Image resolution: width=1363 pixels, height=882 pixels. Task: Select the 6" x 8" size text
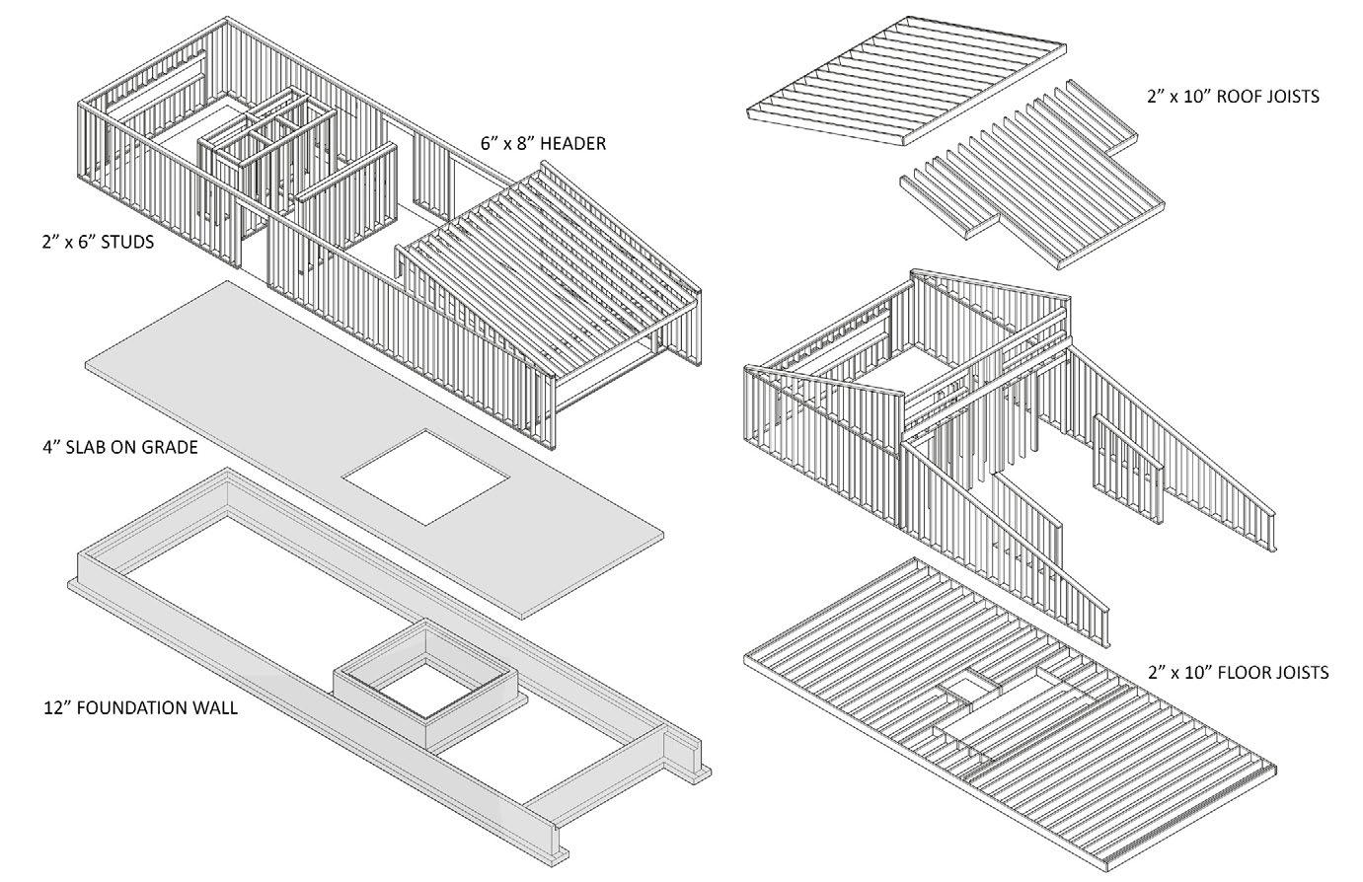(x=505, y=144)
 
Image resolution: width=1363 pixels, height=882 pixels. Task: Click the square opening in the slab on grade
(x=426, y=477)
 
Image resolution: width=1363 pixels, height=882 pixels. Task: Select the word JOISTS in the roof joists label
(x=1290, y=97)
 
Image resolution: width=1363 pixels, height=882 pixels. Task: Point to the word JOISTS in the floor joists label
(x=1296, y=673)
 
